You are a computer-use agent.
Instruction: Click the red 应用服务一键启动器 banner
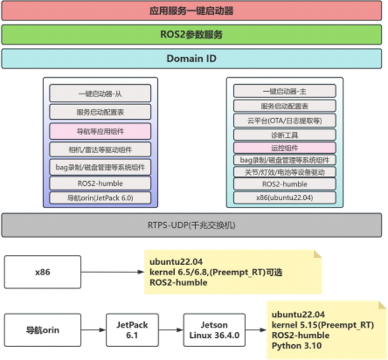tap(192, 11)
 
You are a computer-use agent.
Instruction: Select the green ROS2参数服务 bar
tap(192, 34)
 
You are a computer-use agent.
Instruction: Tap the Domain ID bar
tap(192, 58)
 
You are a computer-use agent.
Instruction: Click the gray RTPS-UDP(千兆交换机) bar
tap(192, 225)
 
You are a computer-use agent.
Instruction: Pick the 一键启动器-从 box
tap(100, 94)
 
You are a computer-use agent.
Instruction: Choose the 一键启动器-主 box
tap(285, 91)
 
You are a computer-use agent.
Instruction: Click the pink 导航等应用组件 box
tap(100, 130)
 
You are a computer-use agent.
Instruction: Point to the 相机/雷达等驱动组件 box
tap(100, 149)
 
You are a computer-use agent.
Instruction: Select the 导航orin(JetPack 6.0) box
tap(100, 198)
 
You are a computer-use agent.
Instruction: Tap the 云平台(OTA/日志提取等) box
tap(285, 120)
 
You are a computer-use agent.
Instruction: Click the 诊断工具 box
tap(285, 134)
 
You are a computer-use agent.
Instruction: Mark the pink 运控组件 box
tap(285, 148)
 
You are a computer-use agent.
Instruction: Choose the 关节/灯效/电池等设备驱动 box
tap(285, 172)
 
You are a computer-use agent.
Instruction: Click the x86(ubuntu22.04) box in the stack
tap(285, 198)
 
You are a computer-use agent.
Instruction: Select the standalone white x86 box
tap(42, 272)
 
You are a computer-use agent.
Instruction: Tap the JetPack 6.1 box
tap(132, 330)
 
